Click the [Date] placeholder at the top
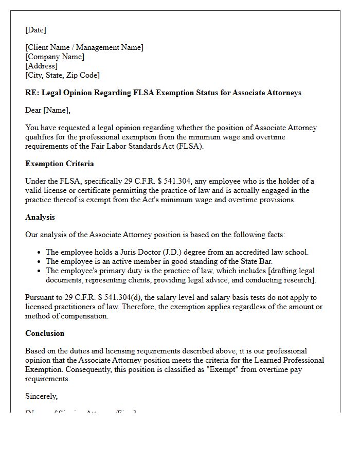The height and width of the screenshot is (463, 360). (x=35, y=30)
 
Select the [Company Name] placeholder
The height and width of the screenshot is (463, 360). (x=55, y=57)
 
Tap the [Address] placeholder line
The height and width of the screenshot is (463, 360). (x=41, y=66)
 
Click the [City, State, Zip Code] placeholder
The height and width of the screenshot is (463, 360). (x=62, y=75)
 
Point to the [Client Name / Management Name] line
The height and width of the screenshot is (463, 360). (x=84, y=47)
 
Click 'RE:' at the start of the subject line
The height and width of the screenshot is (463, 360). (x=31, y=93)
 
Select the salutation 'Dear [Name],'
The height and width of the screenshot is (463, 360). (x=48, y=110)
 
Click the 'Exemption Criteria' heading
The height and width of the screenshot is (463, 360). (x=60, y=164)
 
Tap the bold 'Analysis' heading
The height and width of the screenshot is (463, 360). (x=40, y=217)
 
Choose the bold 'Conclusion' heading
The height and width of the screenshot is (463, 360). (x=45, y=333)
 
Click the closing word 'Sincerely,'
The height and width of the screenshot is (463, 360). (x=42, y=396)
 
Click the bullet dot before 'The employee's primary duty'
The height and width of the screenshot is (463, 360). (x=40, y=271)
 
